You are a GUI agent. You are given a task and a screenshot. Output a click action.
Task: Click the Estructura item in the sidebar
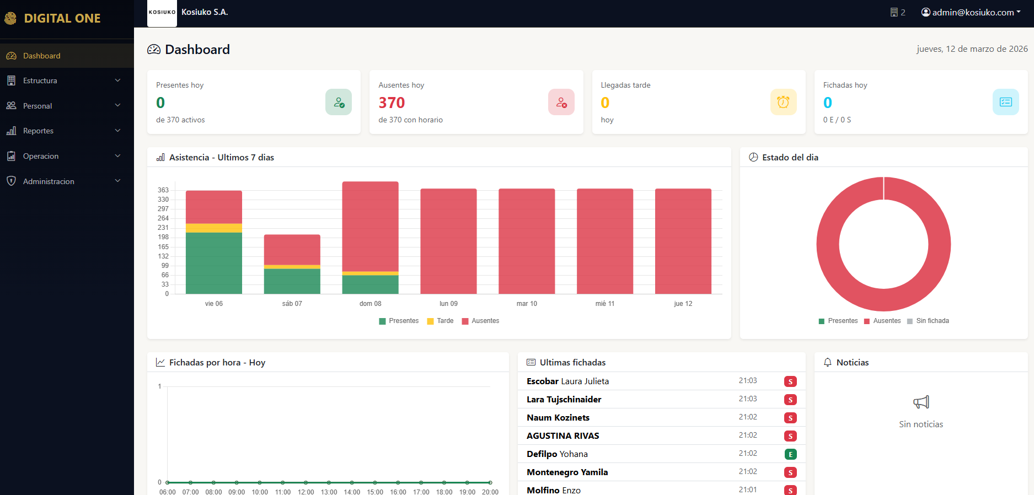tap(40, 80)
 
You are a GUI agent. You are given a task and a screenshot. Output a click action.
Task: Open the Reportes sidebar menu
tap(39, 131)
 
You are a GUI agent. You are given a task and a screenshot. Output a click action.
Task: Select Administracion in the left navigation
tap(49, 181)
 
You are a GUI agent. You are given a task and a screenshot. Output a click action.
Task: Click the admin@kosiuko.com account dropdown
tap(971, 12)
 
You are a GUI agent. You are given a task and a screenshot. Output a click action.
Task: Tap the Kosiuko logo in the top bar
tap(162, 13)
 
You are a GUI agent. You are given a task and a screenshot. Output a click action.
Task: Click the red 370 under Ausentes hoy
tap(392, 103)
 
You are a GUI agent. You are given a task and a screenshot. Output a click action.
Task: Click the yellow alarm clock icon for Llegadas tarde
tap(783, 102)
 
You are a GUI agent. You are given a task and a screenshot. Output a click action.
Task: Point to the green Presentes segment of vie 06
tap(214, 263)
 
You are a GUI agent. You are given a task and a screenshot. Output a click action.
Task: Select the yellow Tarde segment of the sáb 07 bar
tap(292, 267)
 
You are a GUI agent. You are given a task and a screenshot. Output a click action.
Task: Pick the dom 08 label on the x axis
tap(370, 304)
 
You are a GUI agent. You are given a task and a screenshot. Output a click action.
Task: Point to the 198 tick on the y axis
tap(163, 237)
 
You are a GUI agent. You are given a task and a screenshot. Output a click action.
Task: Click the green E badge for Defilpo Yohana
tap(790, 454)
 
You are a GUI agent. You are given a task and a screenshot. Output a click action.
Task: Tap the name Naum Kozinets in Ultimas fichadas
tap(558, 417)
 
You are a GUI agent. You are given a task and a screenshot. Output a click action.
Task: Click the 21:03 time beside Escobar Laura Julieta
tap(748, 381)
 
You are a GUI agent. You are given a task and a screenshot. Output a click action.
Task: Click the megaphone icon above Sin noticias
tap(921, 402)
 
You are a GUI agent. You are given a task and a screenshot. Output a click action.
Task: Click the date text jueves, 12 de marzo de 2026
tap(972, 49)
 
